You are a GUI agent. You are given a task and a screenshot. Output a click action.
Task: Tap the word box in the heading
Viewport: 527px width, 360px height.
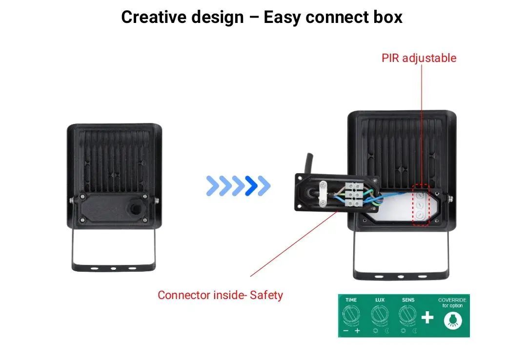(x=388, y=17)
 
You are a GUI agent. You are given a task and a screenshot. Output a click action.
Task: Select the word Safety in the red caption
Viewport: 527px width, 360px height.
(x=266, y=295)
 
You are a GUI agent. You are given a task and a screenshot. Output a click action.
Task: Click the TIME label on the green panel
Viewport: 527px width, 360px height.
(x=351, y=300)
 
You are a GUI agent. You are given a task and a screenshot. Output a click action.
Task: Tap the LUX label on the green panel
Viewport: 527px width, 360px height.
(x=380, y=300)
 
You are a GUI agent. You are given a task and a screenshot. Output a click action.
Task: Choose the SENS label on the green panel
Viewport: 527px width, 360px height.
(x=408, y=300)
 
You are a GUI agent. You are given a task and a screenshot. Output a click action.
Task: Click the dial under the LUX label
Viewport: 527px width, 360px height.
(x=380, y=315)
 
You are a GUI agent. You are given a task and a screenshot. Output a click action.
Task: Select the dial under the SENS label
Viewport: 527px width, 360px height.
(x=408, y=315)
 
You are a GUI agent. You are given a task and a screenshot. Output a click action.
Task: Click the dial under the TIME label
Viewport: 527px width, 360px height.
(x=351, y=315)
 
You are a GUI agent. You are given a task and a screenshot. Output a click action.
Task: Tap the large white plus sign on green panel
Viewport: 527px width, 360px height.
(x=427, y=318)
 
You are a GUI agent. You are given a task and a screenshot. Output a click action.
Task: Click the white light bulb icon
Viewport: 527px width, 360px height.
(x=452, y=320)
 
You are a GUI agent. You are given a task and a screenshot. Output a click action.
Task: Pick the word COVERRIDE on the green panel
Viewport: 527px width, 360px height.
(x=452, y=300)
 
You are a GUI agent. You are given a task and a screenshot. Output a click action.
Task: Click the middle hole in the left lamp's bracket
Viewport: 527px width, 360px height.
(x=113, y=268)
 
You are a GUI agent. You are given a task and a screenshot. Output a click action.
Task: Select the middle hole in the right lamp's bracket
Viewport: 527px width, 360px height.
(x=401, y=277)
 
